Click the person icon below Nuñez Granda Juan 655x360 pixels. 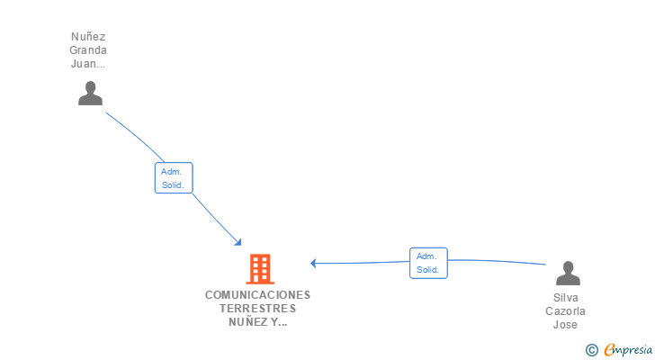(90, 94)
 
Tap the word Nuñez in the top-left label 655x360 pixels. (88, 37)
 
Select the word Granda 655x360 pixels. (88, 50)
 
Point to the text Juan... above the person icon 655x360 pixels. (88, 64)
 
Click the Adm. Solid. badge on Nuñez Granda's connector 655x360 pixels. (173, 178)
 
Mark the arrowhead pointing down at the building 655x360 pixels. (238, 241)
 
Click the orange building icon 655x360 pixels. (259, 268)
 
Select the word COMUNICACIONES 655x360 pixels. (257, 295)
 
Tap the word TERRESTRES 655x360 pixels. (257, 309)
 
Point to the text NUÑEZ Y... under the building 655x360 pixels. (257, 322)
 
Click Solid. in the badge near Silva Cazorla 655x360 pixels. (427, 270)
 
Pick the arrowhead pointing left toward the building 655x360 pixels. (314, 264)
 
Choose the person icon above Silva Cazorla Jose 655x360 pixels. (567, 274)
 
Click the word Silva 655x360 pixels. (567, 297)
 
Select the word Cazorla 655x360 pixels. (567, 310)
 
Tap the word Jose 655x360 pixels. (566, 324)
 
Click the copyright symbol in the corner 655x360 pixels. (591, 350)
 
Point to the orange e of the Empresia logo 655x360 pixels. (609, 350)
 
